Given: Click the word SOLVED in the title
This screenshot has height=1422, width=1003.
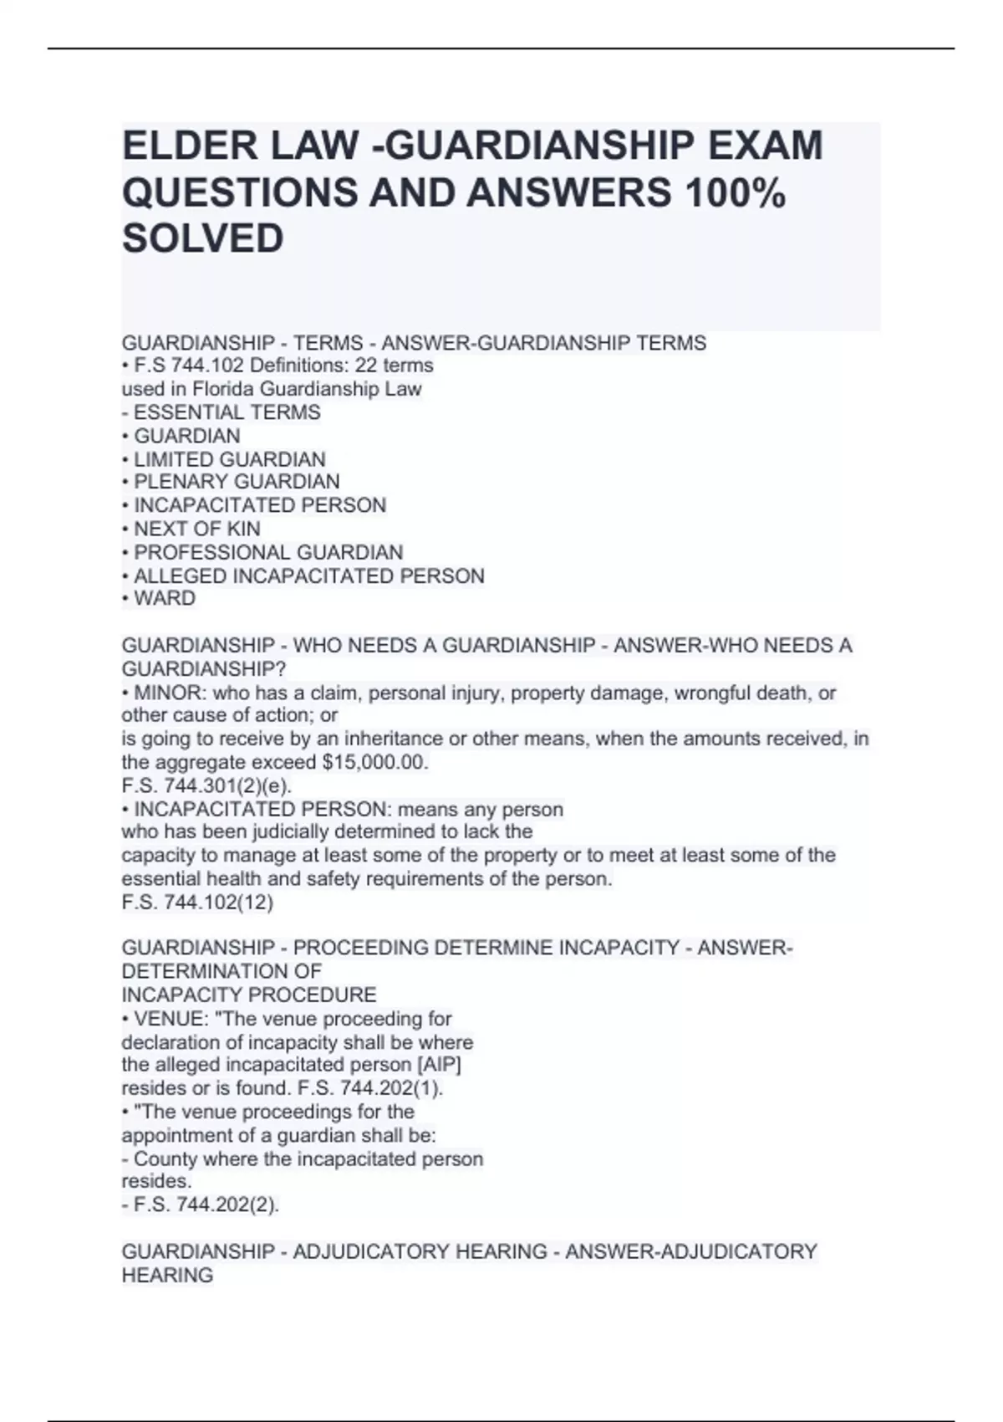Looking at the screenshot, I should [203, 238].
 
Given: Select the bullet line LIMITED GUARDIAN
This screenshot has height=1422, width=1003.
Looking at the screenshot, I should [229, 459].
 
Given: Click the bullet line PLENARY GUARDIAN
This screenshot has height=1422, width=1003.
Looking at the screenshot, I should [237, 482].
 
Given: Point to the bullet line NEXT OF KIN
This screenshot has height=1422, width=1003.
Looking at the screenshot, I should [196, 529].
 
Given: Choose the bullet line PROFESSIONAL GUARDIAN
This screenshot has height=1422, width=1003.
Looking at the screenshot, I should [267, 553].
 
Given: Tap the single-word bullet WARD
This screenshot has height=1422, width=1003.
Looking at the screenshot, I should [165, 599].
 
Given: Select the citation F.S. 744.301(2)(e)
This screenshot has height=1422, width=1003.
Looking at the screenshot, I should [206, 786].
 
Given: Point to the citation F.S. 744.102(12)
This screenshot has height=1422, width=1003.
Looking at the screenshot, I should [197, 903].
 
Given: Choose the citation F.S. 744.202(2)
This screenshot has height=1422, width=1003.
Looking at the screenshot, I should [206, 1205].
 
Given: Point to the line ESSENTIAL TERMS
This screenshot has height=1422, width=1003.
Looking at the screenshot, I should [227, 412].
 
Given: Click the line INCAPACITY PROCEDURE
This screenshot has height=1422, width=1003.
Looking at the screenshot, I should [249, 995].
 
